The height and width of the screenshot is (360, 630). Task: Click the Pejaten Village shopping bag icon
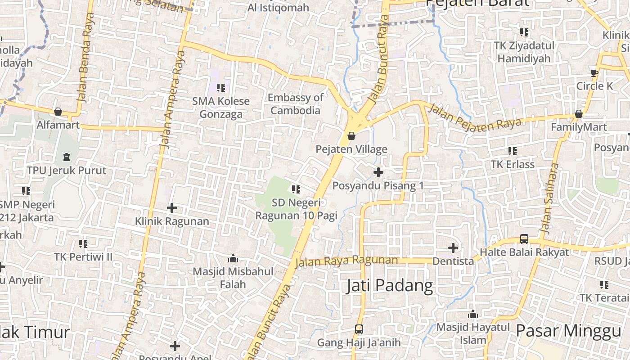pyautogui.click(x=351, y=135)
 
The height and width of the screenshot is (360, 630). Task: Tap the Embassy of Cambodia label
pyautogui.click(x=296, y=104)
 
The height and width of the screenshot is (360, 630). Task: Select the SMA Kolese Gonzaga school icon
pyautogui.click(x=220, y=87)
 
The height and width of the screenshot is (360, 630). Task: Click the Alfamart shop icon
pyautogui.click(x=58, y=112)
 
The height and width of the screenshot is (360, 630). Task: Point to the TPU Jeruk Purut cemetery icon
pyautogui.click(x=67, y=157)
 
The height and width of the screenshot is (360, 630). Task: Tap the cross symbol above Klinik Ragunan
pyautogui.click(x=172, y=208)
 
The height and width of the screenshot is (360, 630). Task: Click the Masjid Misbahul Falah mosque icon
pyautogui.click(x=233, y=258)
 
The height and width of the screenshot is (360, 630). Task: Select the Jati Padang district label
pyautogui.click(x=390, y=286)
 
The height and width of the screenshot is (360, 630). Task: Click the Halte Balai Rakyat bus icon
pyautogui.click(x=524, y=238)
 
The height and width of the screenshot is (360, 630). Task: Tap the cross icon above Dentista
pyautogui.click(x=453, y=247)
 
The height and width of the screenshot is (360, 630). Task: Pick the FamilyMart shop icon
pyautogui.click(x=579, y=114)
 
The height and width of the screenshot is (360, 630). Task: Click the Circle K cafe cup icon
pyautogui.click(x=594, y=73)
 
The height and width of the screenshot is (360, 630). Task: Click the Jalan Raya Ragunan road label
pyautogui.click(x=346, y=261)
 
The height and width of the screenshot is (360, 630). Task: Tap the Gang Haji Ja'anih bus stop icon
pyautogui.click(x=359, y=329)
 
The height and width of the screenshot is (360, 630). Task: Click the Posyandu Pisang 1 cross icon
pyautogui.click(x=378, y=172)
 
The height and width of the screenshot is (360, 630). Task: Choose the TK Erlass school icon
pyautogui.click(x=513, y=151)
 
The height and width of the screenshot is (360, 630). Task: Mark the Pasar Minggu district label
pyautogui.click(x=568, y=331)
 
